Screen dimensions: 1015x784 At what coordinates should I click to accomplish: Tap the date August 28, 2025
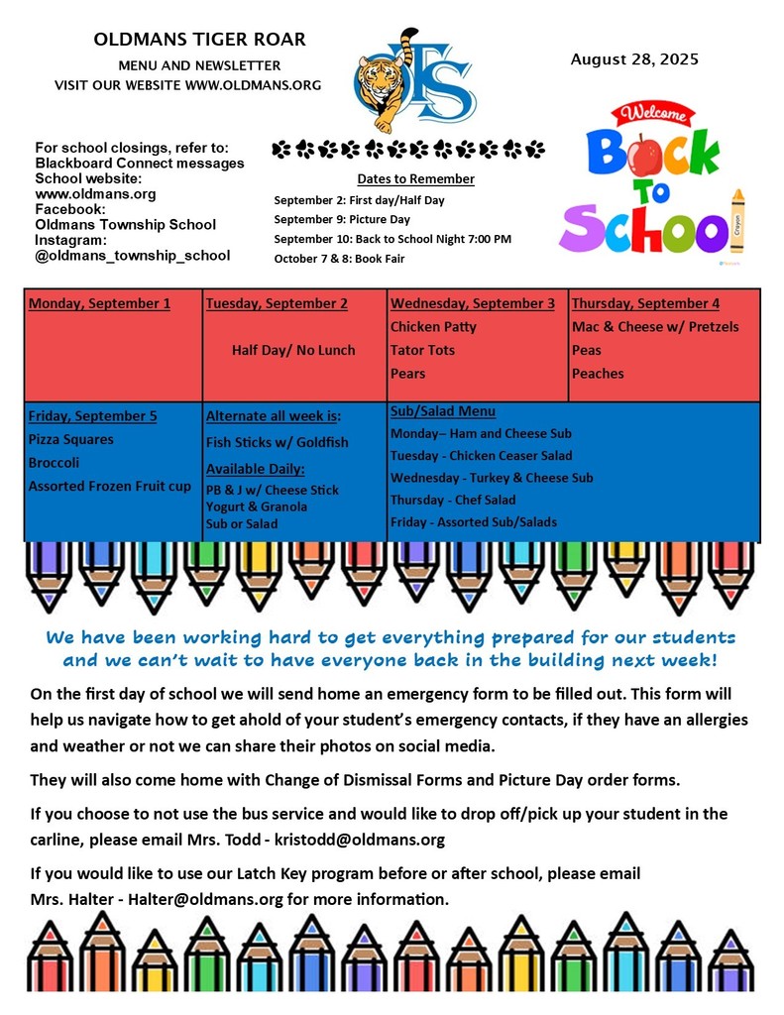coord(634,59)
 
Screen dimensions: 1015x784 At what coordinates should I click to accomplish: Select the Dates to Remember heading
coord(415,179)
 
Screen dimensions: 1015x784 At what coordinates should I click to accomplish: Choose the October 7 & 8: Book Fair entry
coord(339,259)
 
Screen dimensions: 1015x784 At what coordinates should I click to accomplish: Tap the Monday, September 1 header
coord(99,303)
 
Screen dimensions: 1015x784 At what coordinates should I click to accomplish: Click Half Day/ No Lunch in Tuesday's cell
coord(293,350)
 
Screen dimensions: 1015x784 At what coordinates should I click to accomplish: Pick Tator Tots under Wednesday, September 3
coord(422,350)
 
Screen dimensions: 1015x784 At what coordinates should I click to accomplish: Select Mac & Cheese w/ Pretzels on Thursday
coord(655,326)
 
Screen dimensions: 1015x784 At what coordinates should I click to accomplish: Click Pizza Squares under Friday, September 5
coord(71,439)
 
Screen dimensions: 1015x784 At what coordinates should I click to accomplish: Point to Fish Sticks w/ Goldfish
coord(277,442)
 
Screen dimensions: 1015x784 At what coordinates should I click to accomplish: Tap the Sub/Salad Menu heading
coord(443,411)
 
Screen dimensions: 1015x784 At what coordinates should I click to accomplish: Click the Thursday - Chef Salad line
coord(453,500)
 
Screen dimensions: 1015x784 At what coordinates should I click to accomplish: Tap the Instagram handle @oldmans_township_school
coord(132,256)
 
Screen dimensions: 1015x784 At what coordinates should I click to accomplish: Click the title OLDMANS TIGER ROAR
coord(199,41)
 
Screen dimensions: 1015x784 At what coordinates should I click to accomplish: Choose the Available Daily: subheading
coord(255,468)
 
